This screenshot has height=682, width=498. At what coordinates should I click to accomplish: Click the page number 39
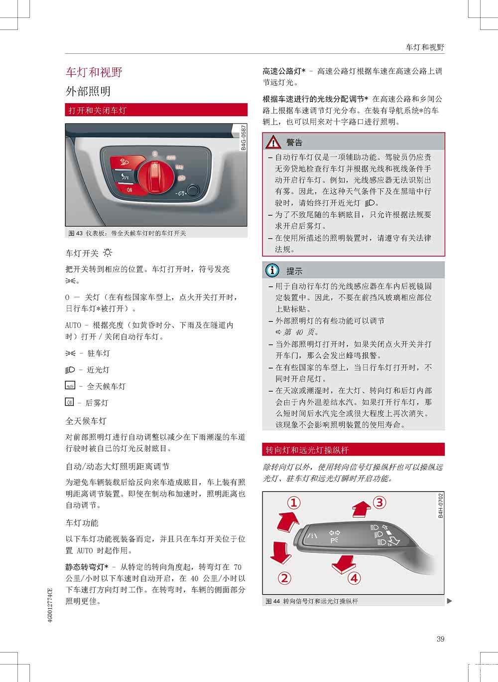pyautogui.click(x=440, y=639)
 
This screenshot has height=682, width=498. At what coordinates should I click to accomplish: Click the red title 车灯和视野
pyautogui.click(x=94, y=72)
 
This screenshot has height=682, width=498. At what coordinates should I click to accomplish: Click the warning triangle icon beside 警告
pyautogui.click(x=273, y=143)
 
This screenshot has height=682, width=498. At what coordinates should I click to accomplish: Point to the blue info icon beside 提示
pyautogui.click(x=272, y=271)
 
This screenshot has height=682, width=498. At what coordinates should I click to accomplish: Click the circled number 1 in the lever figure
pyautogui.click(x=294, y=503)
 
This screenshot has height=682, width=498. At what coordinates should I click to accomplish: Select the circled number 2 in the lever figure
pyautogui.click(x=284, y=578)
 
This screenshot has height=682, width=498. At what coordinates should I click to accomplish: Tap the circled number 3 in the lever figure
pyautogui.click(x=379, y=502)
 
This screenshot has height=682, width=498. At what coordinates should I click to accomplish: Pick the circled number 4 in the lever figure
pyautogui.click(x=354, y=578)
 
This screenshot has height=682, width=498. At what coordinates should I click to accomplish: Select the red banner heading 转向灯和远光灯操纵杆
pyautogui.click(x=307, y=450)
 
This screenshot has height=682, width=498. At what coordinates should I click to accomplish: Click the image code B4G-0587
pyautogui.click(x=244, y=138)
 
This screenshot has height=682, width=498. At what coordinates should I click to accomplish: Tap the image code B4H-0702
pyautogui.click(x=440, y=506)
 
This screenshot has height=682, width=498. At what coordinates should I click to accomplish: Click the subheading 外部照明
pyautogui.click(x=88, y=91)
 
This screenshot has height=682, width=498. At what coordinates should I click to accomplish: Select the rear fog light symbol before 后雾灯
pyautogui.click(x=69, y=402)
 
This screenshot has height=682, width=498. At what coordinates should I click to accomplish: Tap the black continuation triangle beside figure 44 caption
pyautogui.click(x=450, y=601)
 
